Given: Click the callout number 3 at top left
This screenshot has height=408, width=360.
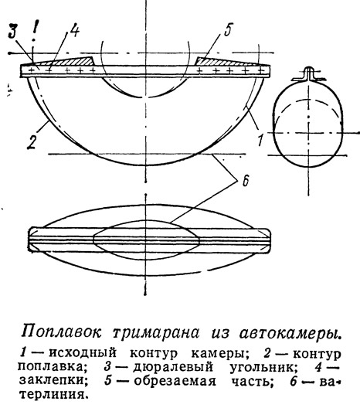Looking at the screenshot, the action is point(13,32).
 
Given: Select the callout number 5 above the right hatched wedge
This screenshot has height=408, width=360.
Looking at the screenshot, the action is point(227,30).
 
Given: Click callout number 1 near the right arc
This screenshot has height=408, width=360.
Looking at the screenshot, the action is point(261,139).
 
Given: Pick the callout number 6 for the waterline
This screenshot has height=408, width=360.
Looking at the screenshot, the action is point(246,180).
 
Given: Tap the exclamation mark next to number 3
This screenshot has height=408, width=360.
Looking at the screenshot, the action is point(33,31).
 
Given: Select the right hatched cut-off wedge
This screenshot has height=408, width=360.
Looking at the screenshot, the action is point(224,61).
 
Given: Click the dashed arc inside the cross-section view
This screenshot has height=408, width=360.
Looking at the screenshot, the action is point(308,100).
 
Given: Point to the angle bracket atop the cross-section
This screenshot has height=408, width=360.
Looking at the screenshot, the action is point(309,74).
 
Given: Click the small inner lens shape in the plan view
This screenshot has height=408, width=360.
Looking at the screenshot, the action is point(146,240).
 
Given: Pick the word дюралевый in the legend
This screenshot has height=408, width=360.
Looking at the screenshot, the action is point(173,367).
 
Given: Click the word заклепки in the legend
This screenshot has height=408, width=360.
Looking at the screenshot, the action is point(53,381).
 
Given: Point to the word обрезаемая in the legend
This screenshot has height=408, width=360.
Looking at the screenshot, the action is point(175,382).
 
